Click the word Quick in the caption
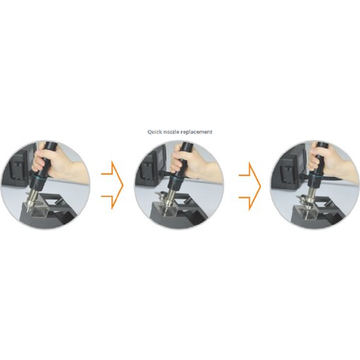pyautogui.click(x=154, y=132)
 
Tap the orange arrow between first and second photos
pyautogui.click(x=112, y=185)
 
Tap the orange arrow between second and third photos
pyautogui.click(x=250, y=186)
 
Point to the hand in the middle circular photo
pyautogui.click(x=195, y=164)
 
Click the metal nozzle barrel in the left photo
pyautogui.click(x=34, y=198)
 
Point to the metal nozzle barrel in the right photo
pyautogui.click(x=311, y=196)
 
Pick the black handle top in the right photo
pyautogui.click(x=322, y=145)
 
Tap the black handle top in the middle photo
pyautogui.click(x=187, y=146)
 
